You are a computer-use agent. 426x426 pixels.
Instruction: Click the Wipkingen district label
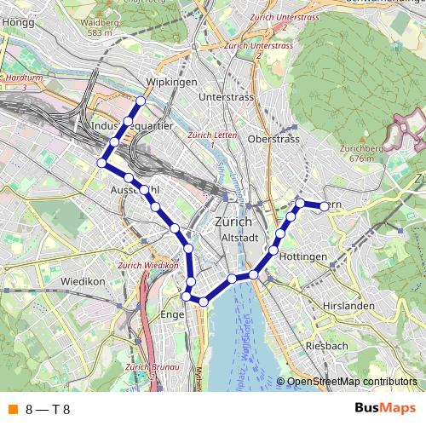click(172, 82)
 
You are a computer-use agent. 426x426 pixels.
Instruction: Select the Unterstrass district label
click(226, 97)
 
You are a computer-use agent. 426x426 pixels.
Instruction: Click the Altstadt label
click(239, 237)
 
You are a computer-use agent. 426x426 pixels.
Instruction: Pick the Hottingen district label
click(303, 256)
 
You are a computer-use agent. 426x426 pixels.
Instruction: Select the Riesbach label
click(326, 346)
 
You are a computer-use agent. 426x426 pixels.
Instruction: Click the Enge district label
click(173, 314)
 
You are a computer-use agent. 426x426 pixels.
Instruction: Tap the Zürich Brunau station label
click(150, 367)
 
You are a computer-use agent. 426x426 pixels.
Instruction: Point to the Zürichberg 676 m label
click(361, 153)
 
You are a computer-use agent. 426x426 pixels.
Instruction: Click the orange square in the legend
click(11, 410)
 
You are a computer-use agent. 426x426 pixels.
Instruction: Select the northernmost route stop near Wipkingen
click(140, 101)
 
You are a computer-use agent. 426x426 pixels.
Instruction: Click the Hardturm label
click(24, 78)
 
